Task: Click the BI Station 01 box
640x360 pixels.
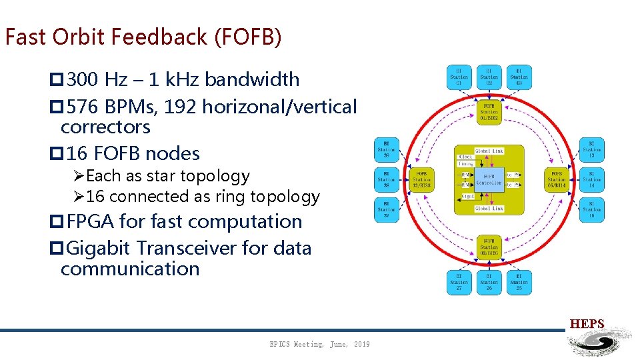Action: [459, 77]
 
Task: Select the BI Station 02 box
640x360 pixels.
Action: [489, 77]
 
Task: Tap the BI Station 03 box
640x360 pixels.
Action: [519, 77]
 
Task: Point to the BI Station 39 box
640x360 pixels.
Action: [387, 150]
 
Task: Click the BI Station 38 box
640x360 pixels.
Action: [387, 180]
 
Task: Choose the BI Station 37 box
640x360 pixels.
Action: [387, 210]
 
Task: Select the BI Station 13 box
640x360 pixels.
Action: [591, 150]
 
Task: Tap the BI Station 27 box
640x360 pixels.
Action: [459, 283]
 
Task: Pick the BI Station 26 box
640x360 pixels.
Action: [489, 283]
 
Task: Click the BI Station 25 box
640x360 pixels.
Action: [519, 283]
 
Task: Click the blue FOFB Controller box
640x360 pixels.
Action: [489, 179]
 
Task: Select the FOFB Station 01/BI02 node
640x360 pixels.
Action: [489, 113]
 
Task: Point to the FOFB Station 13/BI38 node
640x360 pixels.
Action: [421, 180]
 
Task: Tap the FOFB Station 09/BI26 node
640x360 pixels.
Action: [489, 247]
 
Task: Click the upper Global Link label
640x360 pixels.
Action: [489, 151]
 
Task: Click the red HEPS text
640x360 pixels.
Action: [587, 325]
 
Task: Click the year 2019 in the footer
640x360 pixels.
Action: [361, 344]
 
